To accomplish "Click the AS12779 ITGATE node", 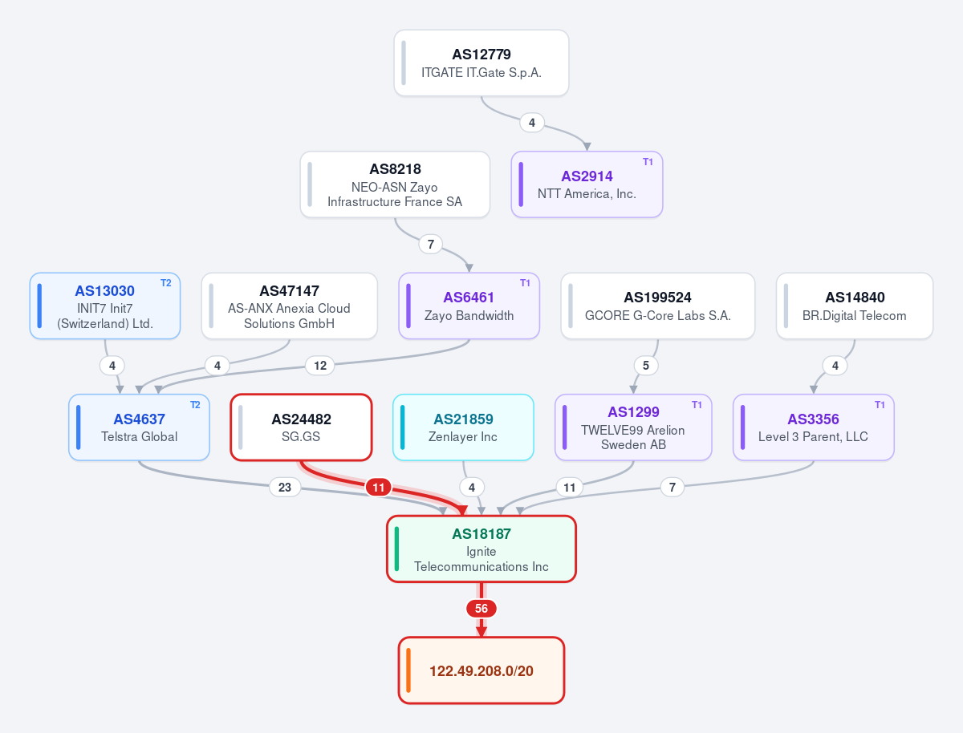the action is point(481,63).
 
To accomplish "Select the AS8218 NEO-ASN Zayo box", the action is point(395,184).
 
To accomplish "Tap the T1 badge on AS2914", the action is point(648,162).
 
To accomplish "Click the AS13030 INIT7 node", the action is point(105,306).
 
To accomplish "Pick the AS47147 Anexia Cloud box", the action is point(289,306).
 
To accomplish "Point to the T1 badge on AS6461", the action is point(525,283).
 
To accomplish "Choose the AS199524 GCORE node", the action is point(657,306).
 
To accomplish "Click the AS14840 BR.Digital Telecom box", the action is point(854,306).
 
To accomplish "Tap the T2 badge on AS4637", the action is point(195,405).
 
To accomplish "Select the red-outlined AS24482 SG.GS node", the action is point(301,427).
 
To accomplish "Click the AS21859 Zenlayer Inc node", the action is point(463,427).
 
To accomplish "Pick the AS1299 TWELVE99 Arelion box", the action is point(633,427).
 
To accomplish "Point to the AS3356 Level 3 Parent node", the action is point(814,427).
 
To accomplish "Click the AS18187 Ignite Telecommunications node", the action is point(481,549).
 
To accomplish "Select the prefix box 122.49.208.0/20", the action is point(481,670).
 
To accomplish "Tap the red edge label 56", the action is point(481,609).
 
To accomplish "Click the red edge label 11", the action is point(378,488).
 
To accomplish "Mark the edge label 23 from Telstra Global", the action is point(285,487).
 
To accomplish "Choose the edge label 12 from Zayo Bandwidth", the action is point(320,366).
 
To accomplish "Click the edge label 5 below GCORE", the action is point(646,366).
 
